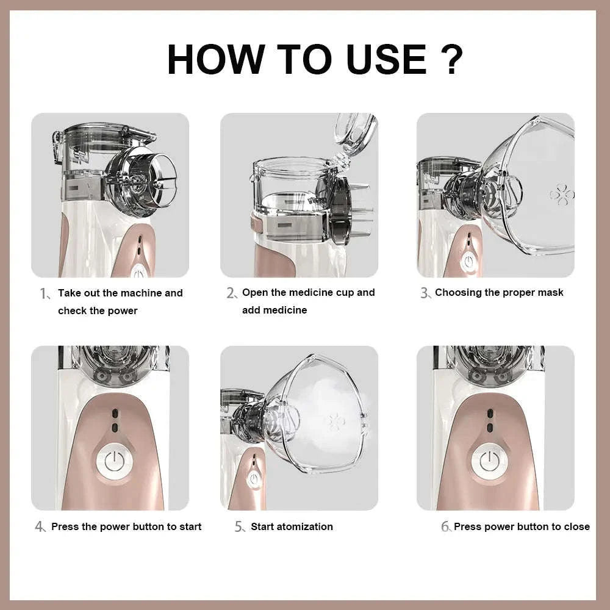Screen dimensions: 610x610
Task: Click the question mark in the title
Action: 451,59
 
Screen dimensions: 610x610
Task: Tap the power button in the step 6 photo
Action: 489,462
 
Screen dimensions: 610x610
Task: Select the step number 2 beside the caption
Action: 231,293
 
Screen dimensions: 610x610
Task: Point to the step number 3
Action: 425,293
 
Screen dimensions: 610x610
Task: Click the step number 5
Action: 239,527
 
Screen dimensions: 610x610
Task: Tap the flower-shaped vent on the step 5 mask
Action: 333,422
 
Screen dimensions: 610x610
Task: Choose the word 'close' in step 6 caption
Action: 576,526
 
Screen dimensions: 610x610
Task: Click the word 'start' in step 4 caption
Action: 190,526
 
